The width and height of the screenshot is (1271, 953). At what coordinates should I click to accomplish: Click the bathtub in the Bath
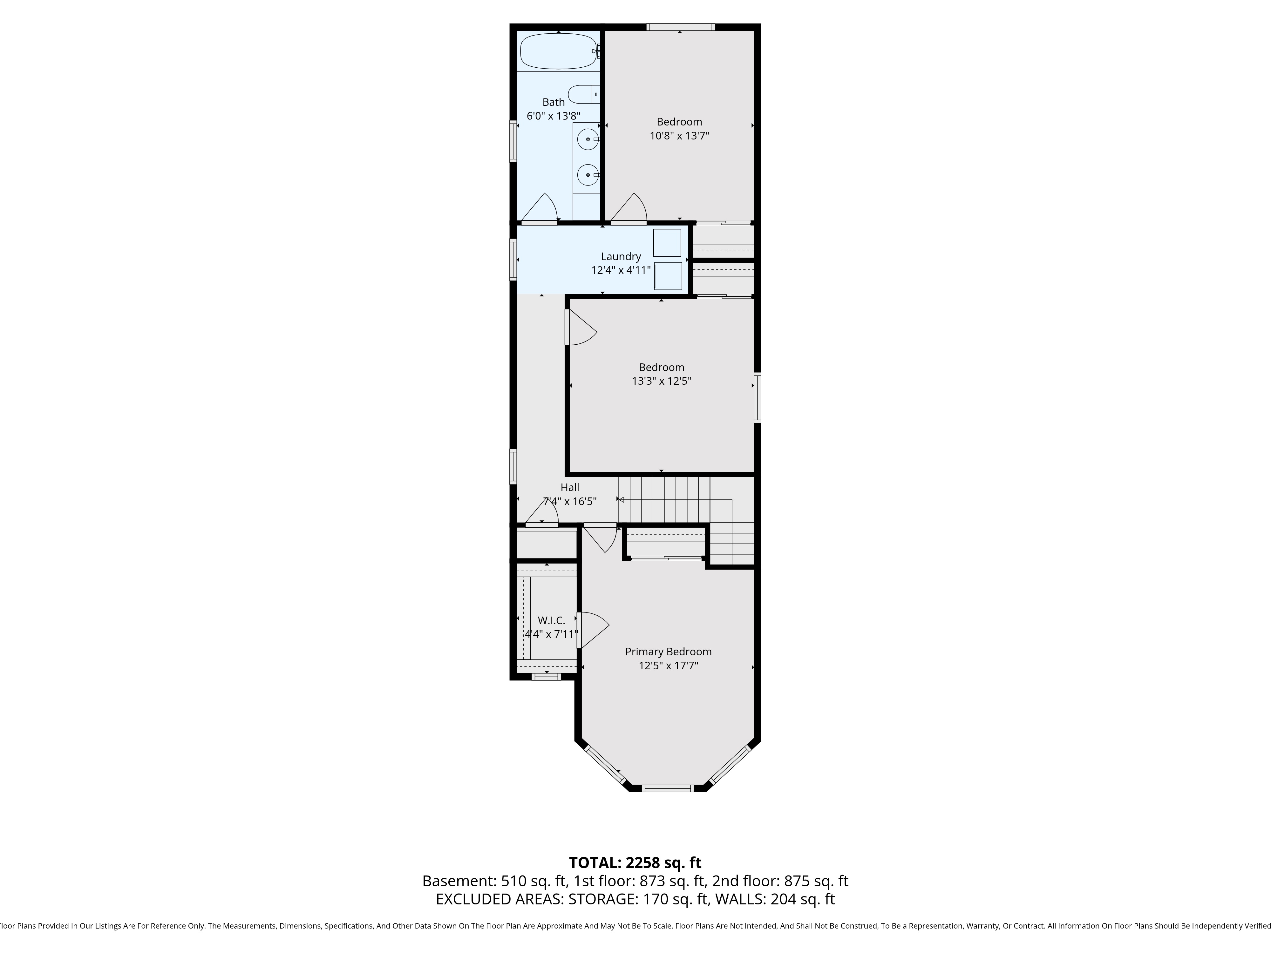559,51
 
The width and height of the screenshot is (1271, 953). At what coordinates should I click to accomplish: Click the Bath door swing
540,208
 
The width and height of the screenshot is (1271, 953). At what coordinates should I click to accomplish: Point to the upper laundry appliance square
667,242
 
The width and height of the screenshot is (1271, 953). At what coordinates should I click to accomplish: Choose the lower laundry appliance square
668,276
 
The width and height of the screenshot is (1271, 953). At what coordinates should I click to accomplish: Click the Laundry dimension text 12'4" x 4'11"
621,270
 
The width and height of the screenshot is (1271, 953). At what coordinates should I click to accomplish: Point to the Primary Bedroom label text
668,652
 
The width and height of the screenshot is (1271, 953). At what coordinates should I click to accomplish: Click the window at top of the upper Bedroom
680,26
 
